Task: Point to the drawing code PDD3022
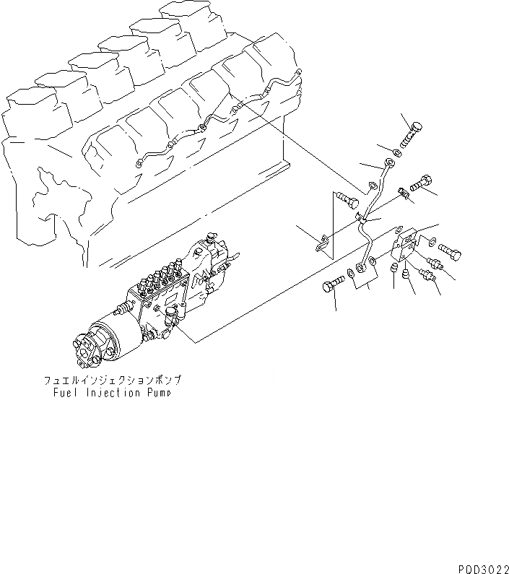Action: (x=481, y=566)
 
